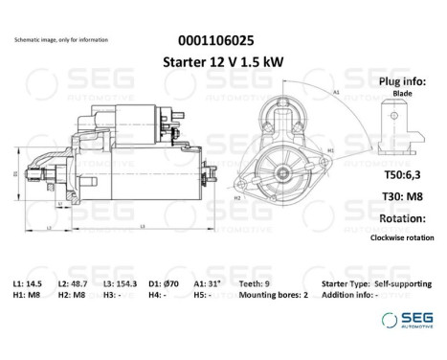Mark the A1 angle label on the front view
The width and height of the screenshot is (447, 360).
[x=337, y=91]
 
